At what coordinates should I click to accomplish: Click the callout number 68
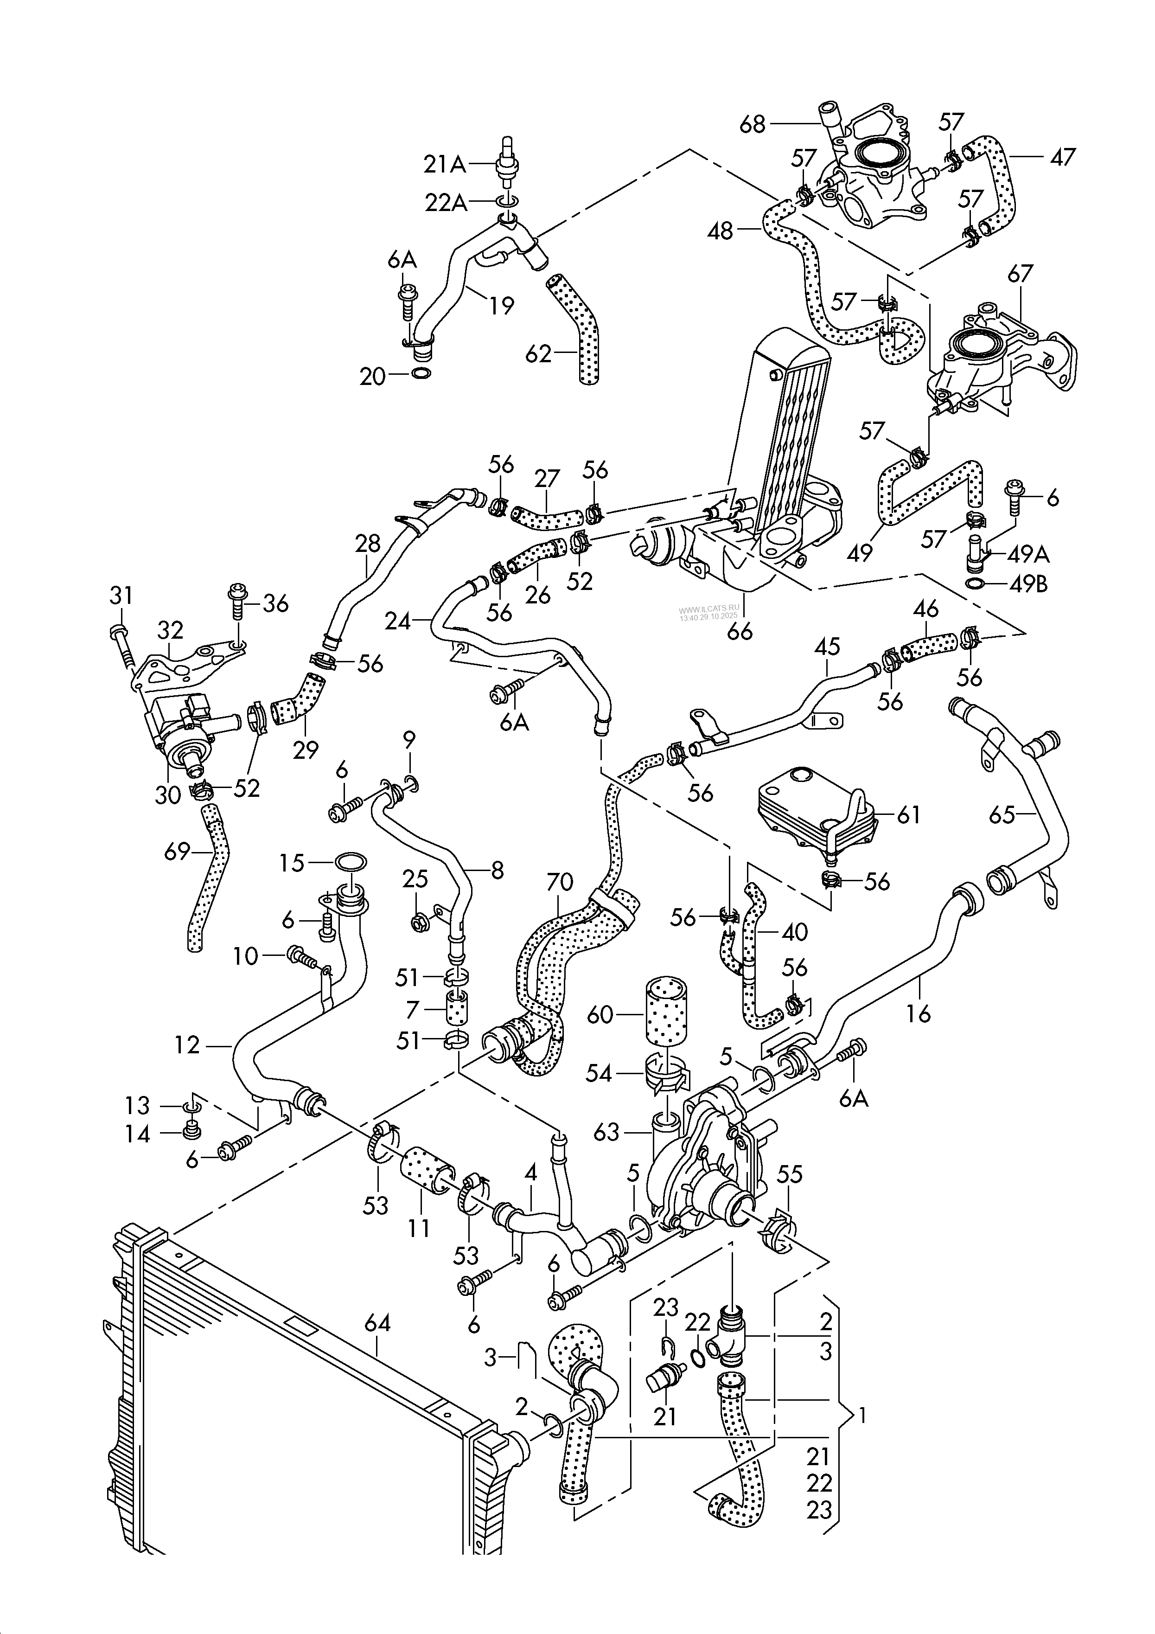(752, 125)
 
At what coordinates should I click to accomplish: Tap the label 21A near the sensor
(444, 165)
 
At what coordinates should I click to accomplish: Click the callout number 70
(559, 883)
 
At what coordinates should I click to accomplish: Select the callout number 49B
(1028, 585)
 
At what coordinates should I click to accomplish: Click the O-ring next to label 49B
(976, 585)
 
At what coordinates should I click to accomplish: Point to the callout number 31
(121, 595)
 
